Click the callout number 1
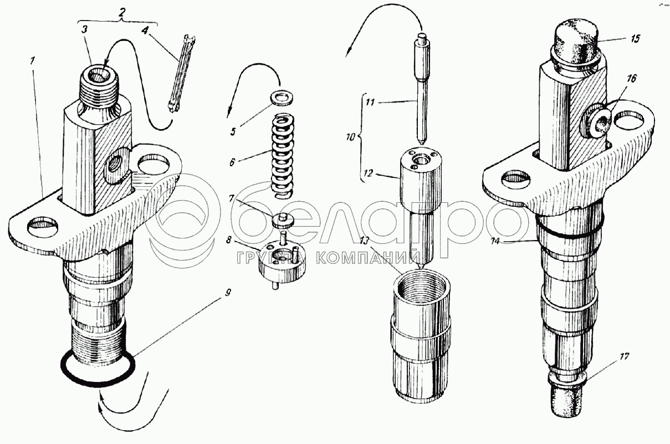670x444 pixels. coord(32,61)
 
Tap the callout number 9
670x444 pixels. coord(228,293)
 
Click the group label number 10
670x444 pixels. coord(351,137)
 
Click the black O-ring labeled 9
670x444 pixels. coord(98,369)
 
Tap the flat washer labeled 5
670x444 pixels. coord(282,99)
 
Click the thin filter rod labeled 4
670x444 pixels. coord(182,74)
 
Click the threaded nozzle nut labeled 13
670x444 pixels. coord(420,336)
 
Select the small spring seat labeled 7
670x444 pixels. coord(283,220)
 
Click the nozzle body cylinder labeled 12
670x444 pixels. coord(421,206)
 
